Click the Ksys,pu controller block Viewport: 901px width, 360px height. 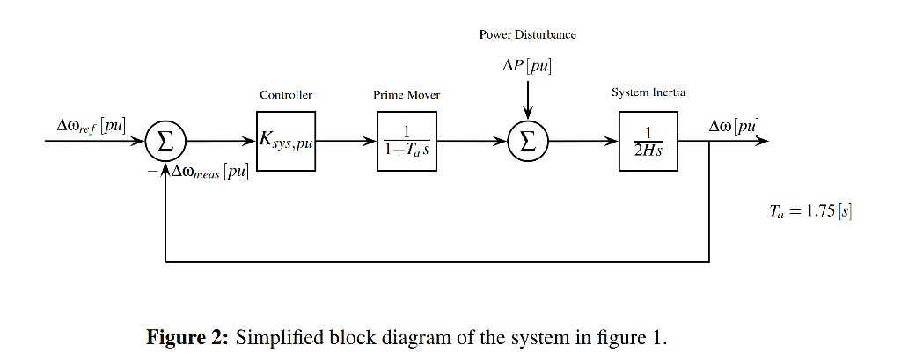(286, 140)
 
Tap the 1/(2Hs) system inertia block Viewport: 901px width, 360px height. (648, 140)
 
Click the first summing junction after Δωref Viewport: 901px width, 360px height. (165, 140)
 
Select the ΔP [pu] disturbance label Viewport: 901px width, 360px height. (527, 66)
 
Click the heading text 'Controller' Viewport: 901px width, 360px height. (286, 94)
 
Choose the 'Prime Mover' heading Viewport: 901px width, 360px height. (407, 94)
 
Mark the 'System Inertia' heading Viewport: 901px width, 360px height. (648, 92)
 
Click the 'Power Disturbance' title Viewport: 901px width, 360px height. (527, 34)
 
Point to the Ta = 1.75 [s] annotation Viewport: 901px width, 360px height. (810, 211)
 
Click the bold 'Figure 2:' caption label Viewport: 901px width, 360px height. (187, 336)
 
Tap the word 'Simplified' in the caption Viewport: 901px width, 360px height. (272, 336)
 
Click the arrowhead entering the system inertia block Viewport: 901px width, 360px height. (613, 140)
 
